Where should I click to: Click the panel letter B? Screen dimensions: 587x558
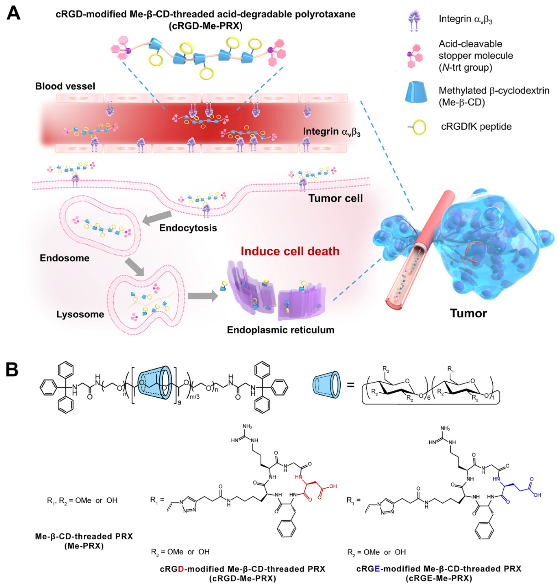point(12,370)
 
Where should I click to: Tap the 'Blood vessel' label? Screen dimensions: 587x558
point(65,86)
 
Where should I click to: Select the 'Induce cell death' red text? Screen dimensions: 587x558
point(290,251)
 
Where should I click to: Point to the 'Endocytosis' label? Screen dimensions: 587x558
point(188,228)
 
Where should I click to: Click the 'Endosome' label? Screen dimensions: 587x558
point(65,258)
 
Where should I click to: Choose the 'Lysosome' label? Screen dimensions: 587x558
point(80,314)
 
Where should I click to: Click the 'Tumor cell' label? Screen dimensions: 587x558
point(336,198)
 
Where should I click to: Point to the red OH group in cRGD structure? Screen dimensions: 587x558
point(333,486)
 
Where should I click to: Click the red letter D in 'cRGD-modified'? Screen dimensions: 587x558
point(181,569)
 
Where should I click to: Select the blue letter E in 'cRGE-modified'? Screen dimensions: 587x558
point(377,569)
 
